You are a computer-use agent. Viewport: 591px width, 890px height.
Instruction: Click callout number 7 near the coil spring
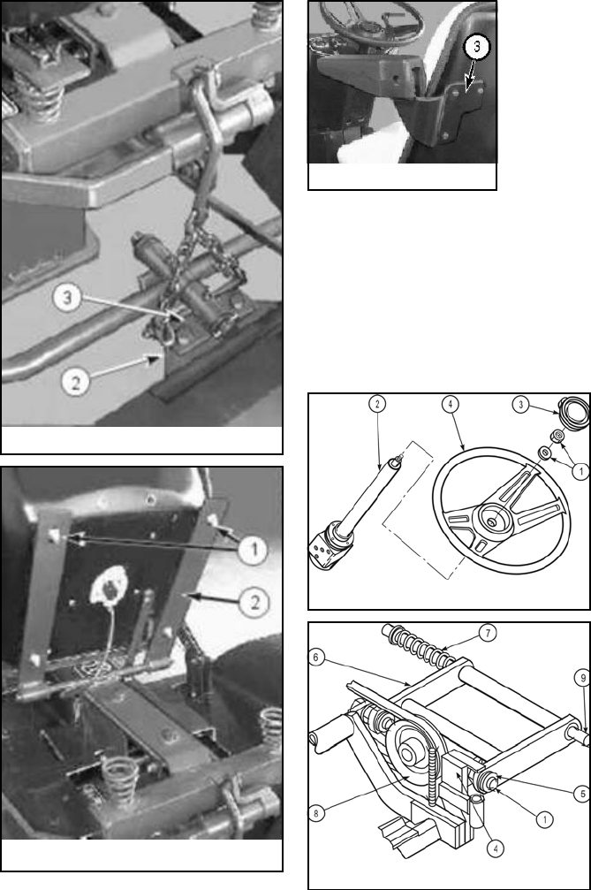tap(488, 632)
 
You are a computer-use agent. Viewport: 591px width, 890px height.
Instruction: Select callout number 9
tap(582, 678)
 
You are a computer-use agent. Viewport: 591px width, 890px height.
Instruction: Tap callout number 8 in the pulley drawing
tap(316, 813)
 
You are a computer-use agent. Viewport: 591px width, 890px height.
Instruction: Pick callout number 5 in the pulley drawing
tap(582, 794)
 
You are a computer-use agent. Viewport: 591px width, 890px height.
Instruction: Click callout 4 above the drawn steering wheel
tap(451, 404)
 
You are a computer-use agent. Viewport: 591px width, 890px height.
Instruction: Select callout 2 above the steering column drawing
tap(377, 404)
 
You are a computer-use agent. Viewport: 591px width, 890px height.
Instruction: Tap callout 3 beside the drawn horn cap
tap(520, 405)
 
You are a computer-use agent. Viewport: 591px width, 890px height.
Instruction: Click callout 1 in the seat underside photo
tap(253, 550)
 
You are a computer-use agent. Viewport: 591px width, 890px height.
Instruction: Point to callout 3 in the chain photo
tap(67, 298)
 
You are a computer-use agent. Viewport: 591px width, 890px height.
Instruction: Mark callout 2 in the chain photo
tap(75, 381)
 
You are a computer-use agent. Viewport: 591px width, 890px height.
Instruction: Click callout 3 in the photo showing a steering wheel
tap(476, 48)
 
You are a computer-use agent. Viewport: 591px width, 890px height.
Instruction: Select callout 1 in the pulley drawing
tap(544, 819)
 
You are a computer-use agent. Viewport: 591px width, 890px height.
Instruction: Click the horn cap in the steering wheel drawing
tap(573, 409)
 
